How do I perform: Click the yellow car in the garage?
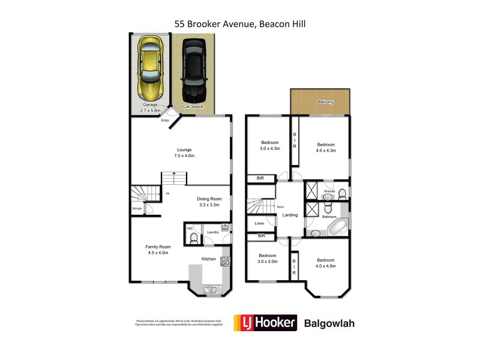150,69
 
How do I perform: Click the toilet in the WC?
193,238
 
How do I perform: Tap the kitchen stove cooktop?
226,261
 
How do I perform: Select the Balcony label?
326,103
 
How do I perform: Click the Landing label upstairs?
290,215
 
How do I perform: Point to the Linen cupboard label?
259,223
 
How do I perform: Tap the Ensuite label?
329,191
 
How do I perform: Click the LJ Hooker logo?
265,323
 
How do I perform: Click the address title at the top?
240,23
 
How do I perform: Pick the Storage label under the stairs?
137,209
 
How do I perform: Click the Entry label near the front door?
165,121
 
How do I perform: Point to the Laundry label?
212,232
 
